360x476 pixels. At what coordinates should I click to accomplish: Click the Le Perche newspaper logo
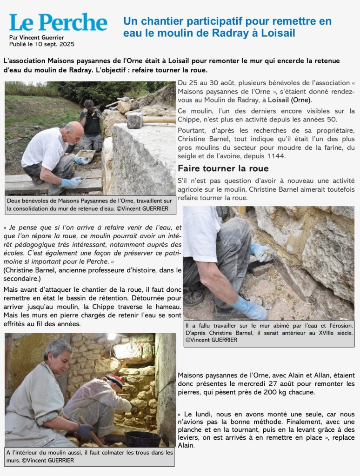(x=58, y=22)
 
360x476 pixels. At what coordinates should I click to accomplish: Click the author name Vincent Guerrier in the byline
(x=41, y=38)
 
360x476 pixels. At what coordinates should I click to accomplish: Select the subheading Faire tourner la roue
(x=223, y=168)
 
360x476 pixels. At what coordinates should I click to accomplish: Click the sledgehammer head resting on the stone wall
(x=135, y=120)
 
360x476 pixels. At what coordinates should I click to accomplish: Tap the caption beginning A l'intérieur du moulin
(x=90, y=456)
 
